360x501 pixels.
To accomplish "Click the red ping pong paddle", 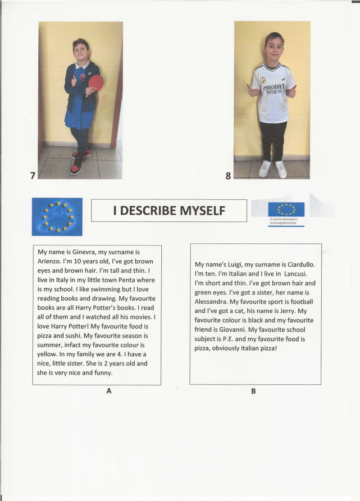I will pos(96,83).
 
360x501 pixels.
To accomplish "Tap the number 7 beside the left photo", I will pos(33,176).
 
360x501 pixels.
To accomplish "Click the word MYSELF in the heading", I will pos(202,211).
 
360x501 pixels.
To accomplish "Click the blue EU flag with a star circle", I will pos(57,217).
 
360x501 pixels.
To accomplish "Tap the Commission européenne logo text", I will pos(283,221).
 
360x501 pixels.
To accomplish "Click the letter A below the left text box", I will pos(109,391).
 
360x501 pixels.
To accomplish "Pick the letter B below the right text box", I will pos(253,391).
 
